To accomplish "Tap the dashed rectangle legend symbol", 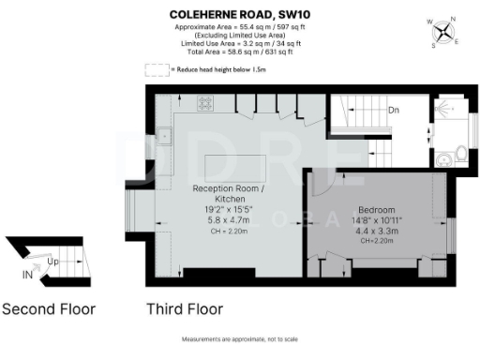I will click(x=155, y=69).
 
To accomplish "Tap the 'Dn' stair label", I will click(x=394, y=110).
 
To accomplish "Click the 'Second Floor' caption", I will click(x=49, y=308).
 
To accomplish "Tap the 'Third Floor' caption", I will click(x=184, y=308).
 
